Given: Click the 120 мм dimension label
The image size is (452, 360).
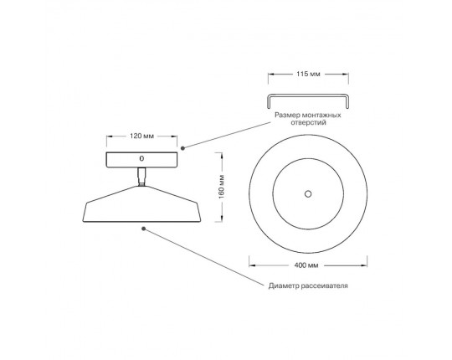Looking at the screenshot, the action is (x=141, y=136).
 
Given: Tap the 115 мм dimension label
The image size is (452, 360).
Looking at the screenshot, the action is (x=308, y=74).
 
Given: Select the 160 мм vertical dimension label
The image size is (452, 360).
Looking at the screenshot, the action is (x=221, y=187).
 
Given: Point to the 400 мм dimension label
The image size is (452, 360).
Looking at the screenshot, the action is (x=306, y=265).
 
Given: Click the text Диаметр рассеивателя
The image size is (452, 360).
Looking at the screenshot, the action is (x=308, y=285).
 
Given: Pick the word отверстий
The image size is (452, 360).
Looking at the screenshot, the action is (x=308, y=122).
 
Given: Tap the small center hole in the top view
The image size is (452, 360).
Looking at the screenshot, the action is (x=308, y=193).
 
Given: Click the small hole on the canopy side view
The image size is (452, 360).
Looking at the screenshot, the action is (x=141, y=158).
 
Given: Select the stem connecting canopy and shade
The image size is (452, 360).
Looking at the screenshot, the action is (x=141, y=177).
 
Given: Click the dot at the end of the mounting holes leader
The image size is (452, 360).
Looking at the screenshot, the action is (x=182, y=148).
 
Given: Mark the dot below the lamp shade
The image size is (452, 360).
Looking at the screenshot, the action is (x=144, y=229).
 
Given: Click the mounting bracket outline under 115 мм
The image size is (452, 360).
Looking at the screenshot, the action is (x=308, y=95).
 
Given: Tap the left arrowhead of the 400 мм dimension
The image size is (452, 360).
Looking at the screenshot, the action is (x=252, y=265).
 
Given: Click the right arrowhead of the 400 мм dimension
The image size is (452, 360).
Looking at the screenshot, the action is (x=364, y=265).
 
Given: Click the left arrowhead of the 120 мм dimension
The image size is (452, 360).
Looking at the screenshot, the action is (x=110, y=136).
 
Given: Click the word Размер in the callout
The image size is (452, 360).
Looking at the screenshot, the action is (x=287, y=116).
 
